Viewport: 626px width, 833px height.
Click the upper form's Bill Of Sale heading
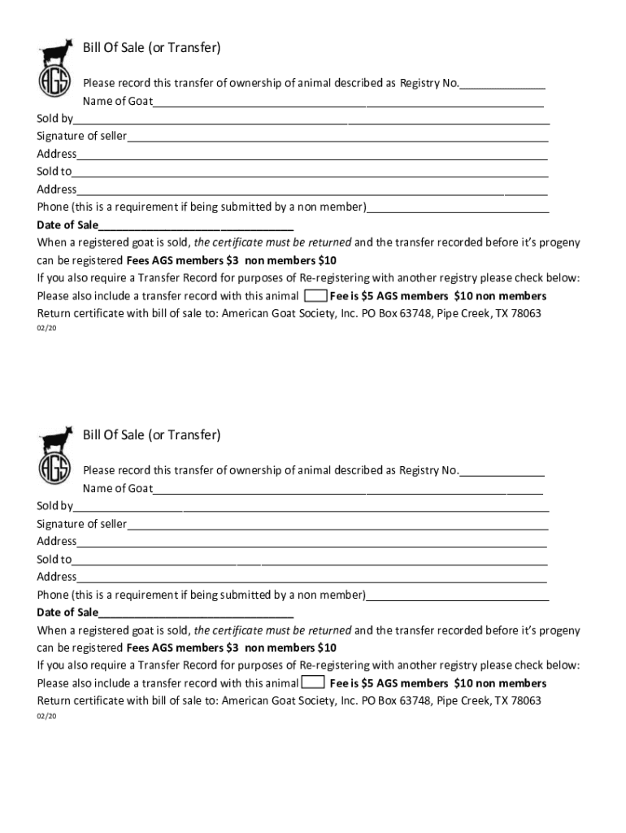tap(151, 48)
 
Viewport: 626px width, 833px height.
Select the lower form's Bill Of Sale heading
tap(151, 435)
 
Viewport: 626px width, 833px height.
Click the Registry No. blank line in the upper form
tap(502, 85)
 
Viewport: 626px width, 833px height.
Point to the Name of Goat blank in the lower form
tap(348, 490)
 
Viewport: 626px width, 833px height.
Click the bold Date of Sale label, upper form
tap(67, 225)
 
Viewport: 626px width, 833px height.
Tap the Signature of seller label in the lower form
tap(81, 524)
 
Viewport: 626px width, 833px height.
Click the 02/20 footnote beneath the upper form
tap(46, 329)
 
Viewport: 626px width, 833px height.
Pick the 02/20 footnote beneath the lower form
tap(46, 717)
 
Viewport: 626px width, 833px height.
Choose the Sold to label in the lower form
tap(54, 559)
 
